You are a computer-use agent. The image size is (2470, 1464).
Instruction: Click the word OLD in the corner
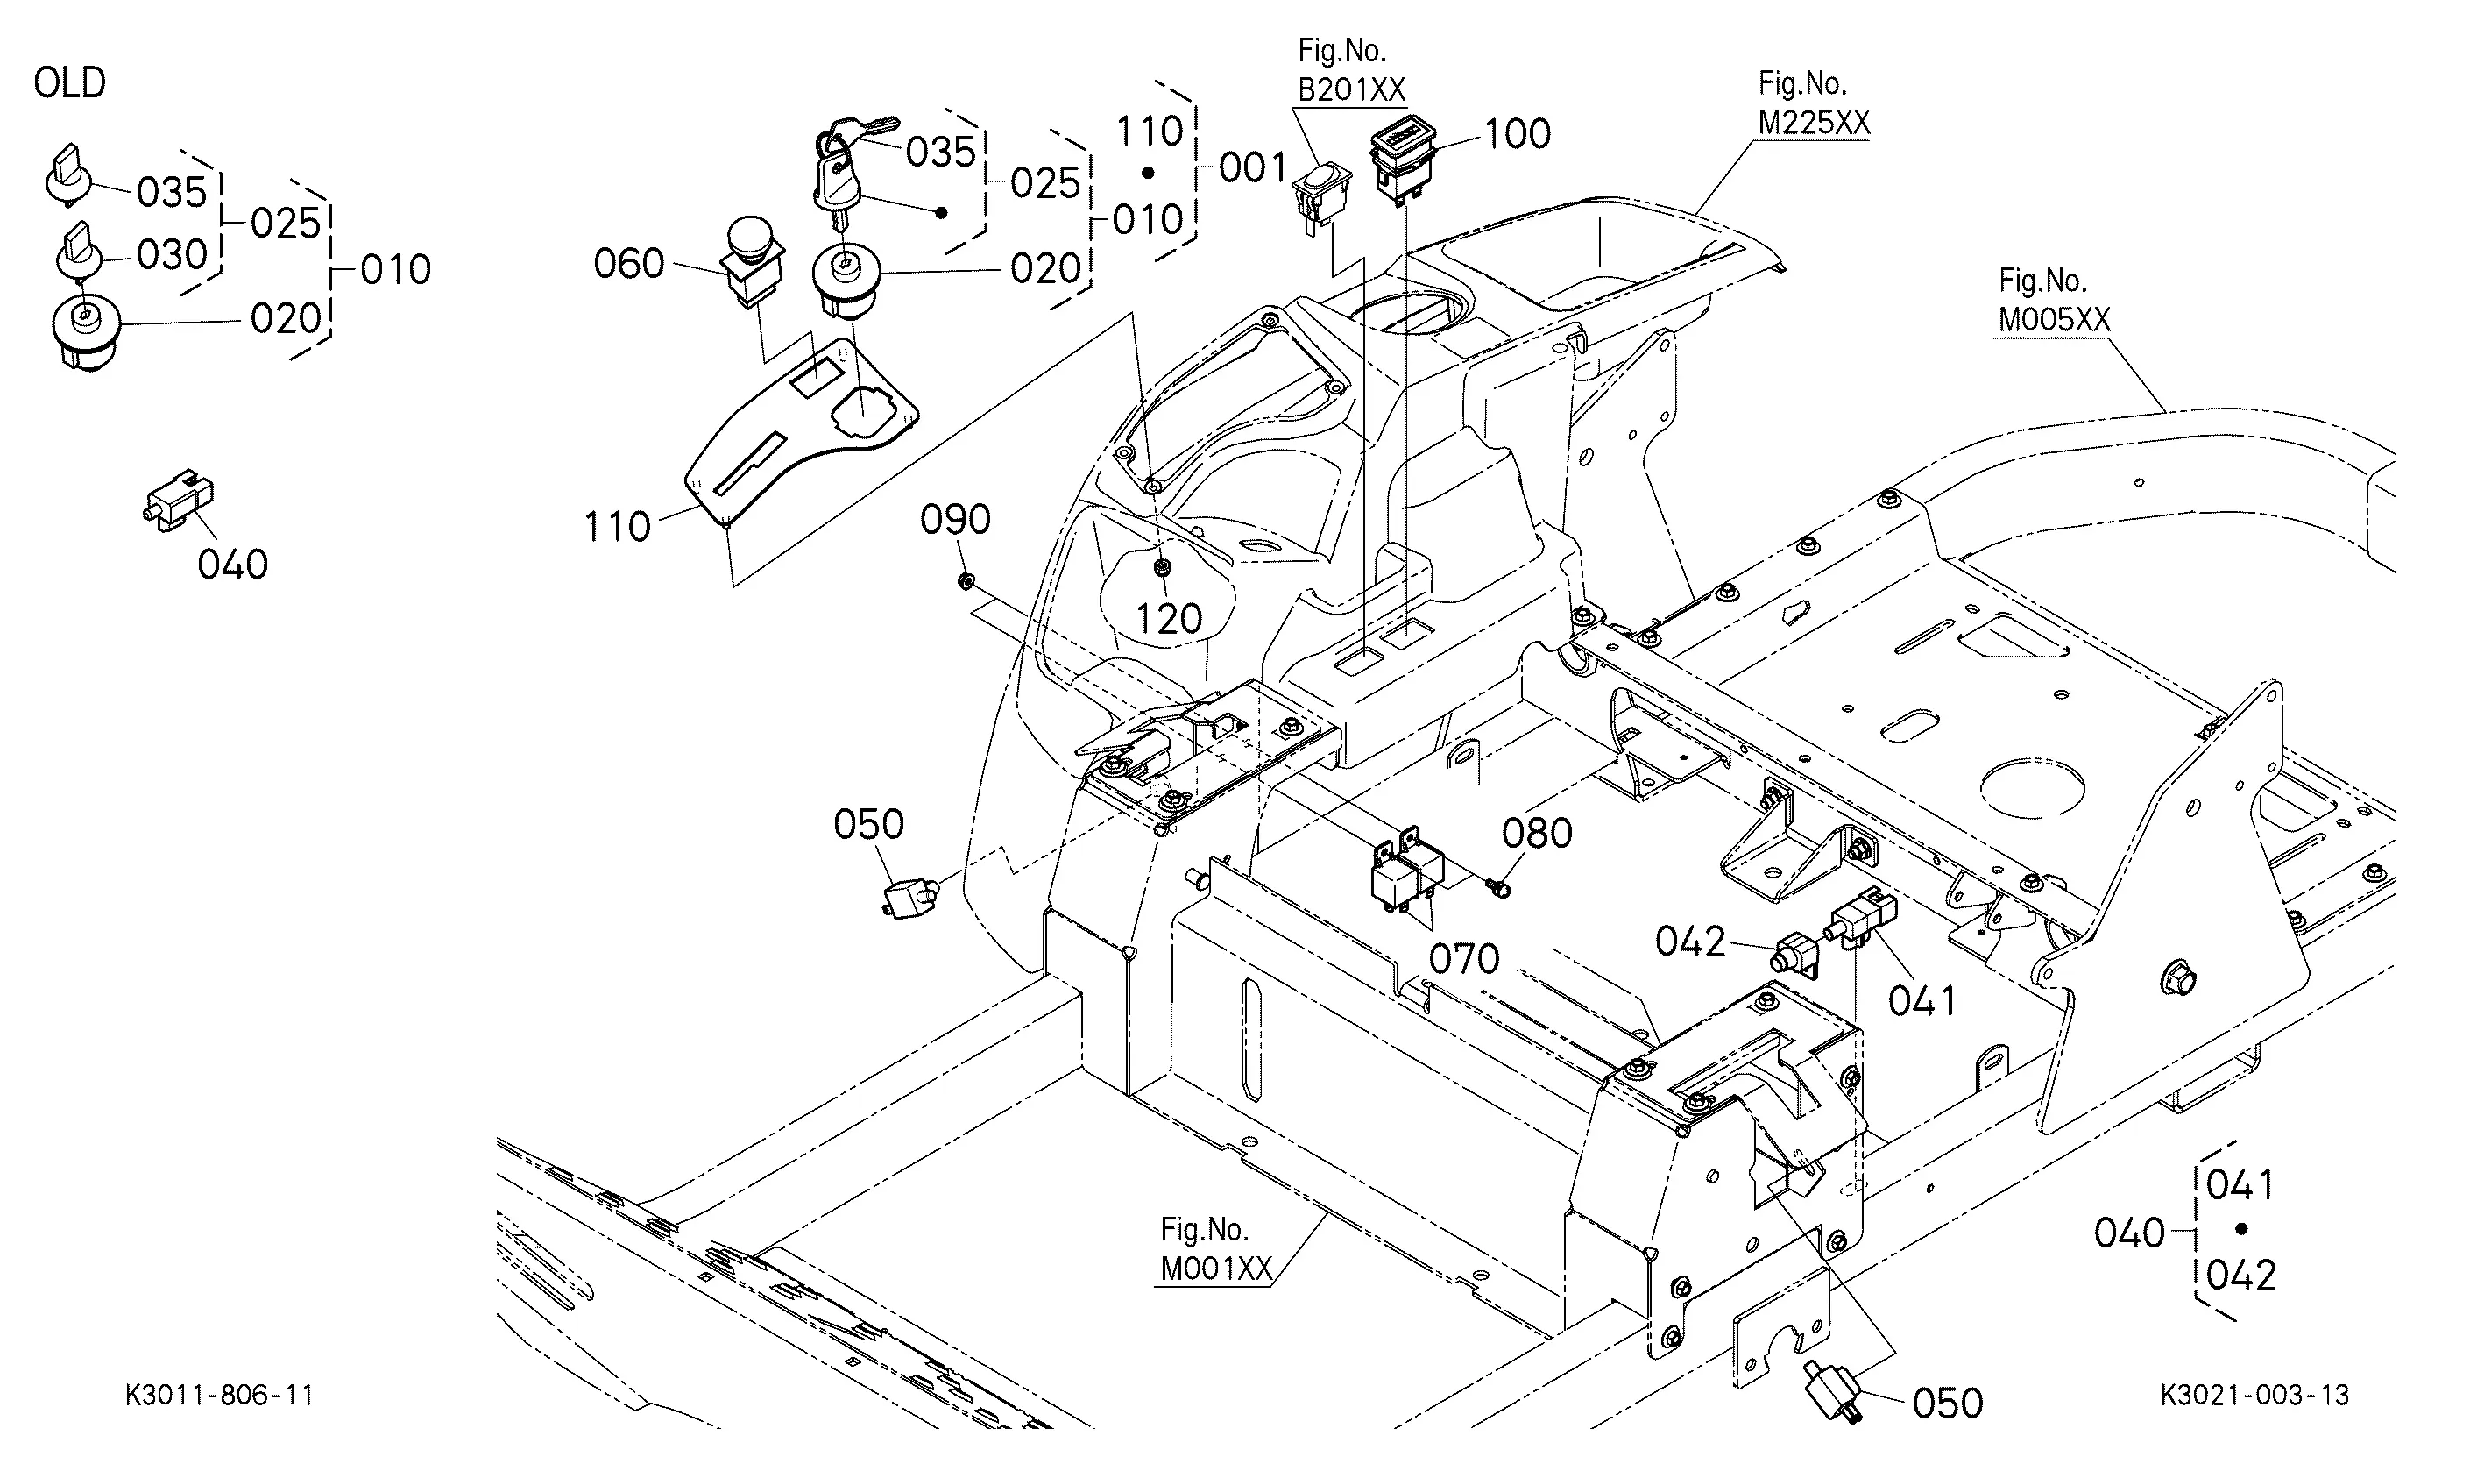pos(69,83)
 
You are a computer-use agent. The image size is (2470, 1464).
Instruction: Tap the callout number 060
pos(629,265)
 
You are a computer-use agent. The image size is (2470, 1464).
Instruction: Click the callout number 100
pos(1518,134)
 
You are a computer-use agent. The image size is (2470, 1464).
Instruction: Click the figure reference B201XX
pos(1351,89)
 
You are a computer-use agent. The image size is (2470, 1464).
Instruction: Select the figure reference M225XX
pos(1815,124)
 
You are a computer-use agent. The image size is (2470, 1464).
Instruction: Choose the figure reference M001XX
pos(1216,1269)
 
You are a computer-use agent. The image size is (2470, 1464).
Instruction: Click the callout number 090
pos(955,520)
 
